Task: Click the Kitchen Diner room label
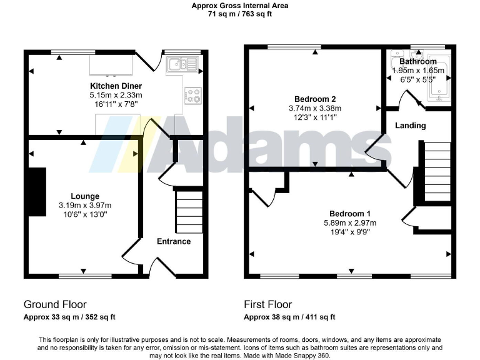tap(116, 86)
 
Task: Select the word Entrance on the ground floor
tap(173, 241)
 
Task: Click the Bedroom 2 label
tap(315, 99)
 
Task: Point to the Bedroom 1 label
tap(349, 213)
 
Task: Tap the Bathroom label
tap(417, 61)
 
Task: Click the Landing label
tap(410, 126)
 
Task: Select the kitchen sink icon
tap(181, 62)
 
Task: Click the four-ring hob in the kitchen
tap(192, 95)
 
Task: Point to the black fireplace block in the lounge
tap(37, 192)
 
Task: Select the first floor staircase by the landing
tap(437, 171)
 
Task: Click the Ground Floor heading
tap(55, 305)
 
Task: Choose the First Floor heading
tap(267, 305)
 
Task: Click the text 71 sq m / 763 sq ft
tap(239, 14)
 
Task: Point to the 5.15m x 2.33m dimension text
tap(116, 95)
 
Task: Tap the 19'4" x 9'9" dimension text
tap(349, 231)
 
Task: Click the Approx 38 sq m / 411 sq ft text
tap(289, 317)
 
